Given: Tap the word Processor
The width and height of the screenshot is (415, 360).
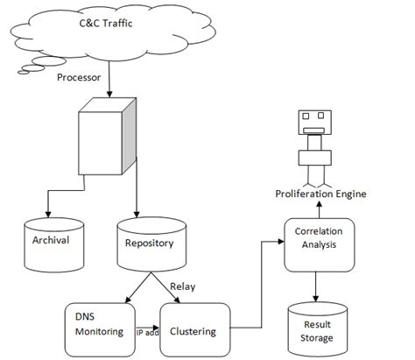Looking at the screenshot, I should click(80, 77).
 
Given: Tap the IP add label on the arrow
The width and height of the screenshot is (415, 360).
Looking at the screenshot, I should click(146, 333).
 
